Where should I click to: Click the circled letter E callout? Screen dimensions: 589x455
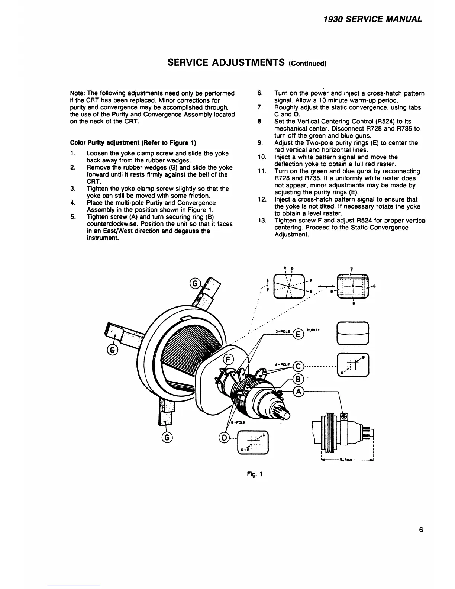point(298,335)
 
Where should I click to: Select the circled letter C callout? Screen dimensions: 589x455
point(298,367)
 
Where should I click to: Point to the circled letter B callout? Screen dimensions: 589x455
point(298,379)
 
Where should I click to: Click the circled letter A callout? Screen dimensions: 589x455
point(298,391)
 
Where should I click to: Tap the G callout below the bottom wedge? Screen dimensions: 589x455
point(167,438)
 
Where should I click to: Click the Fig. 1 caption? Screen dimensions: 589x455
point(256,474)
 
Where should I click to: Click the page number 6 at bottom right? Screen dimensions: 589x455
point(421,530)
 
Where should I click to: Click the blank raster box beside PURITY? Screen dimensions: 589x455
point(352,333)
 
